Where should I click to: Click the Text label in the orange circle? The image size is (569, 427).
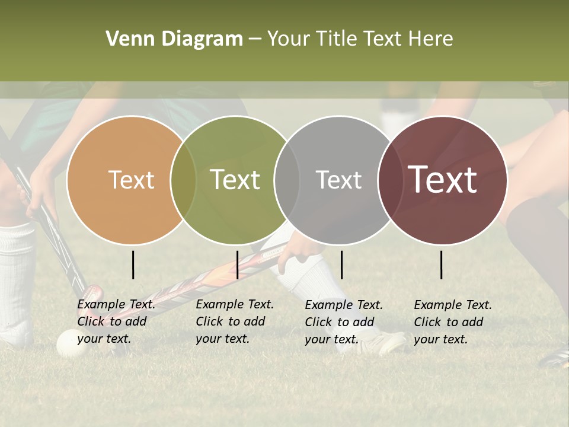pos(131,180)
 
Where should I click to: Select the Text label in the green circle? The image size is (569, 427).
pos(235,180)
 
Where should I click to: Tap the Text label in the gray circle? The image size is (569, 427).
pos(338,180)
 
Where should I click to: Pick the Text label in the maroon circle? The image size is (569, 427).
pos(443,180)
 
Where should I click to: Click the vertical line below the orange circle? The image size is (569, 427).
pos(133,265)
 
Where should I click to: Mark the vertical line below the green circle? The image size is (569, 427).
pos(237,265)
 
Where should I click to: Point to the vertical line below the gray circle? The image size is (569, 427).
pos(341,265)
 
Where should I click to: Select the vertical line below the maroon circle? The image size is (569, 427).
pos(442,265)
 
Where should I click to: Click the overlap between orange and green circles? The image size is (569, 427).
pos(183,180)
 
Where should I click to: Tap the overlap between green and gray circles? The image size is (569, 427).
pos(287,180)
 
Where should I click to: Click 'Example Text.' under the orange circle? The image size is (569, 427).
pos(116,305)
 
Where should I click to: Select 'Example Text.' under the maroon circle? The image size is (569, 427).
pos(453,305)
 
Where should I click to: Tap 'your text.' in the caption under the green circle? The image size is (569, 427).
pos(222,339)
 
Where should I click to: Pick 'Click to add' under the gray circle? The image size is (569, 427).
pos(340,322)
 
